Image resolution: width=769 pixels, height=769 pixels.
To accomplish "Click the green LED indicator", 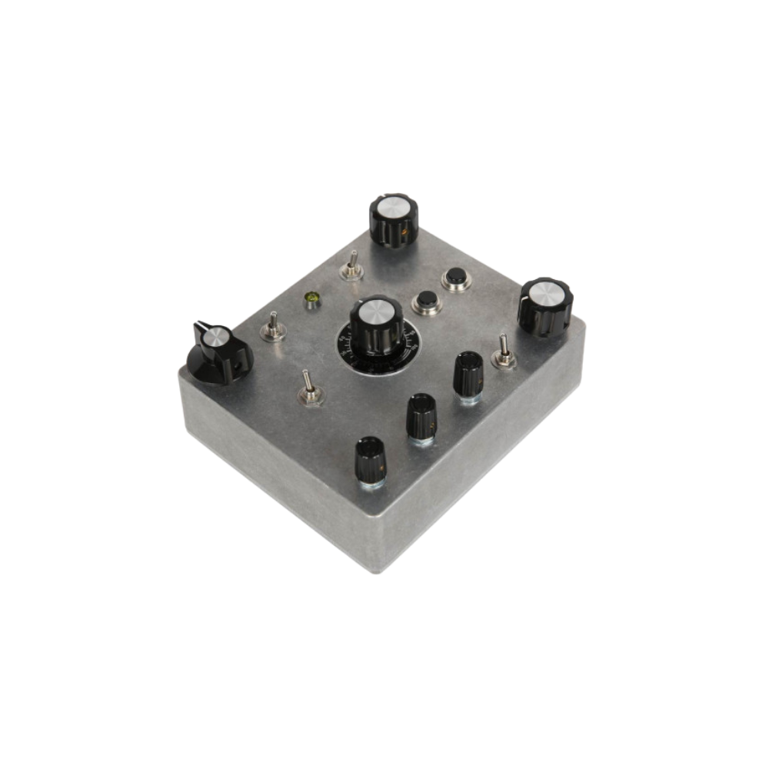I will click(x=311, y=299).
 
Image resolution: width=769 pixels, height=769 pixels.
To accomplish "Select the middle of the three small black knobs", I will click(x=421, y=415).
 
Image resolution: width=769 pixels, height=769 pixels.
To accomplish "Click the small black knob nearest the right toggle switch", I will click(x=467, y=375).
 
